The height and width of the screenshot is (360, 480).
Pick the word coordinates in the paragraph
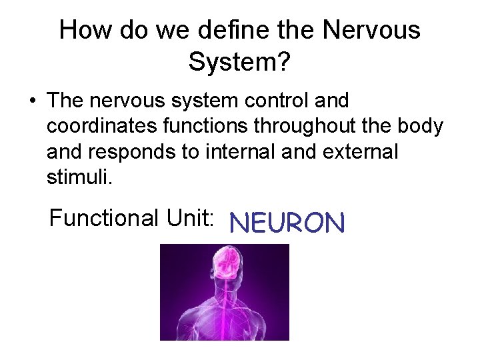[101, 127]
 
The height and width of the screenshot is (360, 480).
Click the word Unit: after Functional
[191, 218]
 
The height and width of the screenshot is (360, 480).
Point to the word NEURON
[287, 223]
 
